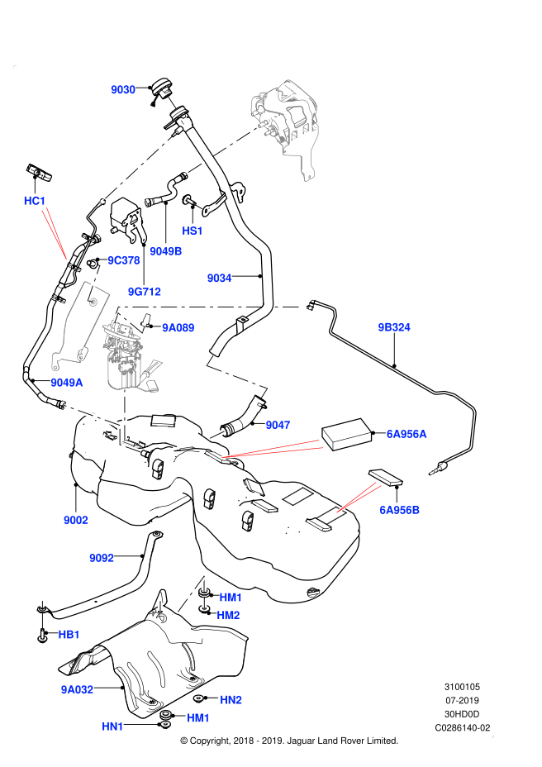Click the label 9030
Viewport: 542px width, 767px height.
click(x=123, y=89)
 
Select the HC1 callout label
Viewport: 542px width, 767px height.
click(x=35, y=201)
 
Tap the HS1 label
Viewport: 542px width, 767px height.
click(x=193, y=231)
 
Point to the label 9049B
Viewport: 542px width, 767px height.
click(x=166, y=251)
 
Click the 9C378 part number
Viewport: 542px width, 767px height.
click(x=124, y=260)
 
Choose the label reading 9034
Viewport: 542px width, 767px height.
click(x=219, y=279)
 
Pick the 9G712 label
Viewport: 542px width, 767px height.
click(x=145, y=292)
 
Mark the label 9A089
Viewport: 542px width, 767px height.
click(x=178, y=328)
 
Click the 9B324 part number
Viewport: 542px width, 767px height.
click(x=394, y=327)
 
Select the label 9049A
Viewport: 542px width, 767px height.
click(x=67, y=383)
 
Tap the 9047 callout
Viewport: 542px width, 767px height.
click(x=278, y=425)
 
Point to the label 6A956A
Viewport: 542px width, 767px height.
click(x=406, y=434)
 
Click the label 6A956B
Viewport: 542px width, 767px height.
click(x=400, y=510)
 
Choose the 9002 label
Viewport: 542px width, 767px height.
click(x=76, y=520)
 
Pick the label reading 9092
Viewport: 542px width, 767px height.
click(x=102, y=558)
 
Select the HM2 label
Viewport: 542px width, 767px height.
click(x=228, y=615)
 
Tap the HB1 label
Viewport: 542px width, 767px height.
click(x=69, y=635)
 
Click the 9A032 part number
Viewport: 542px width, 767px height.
click(x=77, y=689)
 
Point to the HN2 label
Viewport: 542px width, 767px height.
click(x=231, y=700)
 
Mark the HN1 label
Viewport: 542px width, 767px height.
click(x=112, y=727)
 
